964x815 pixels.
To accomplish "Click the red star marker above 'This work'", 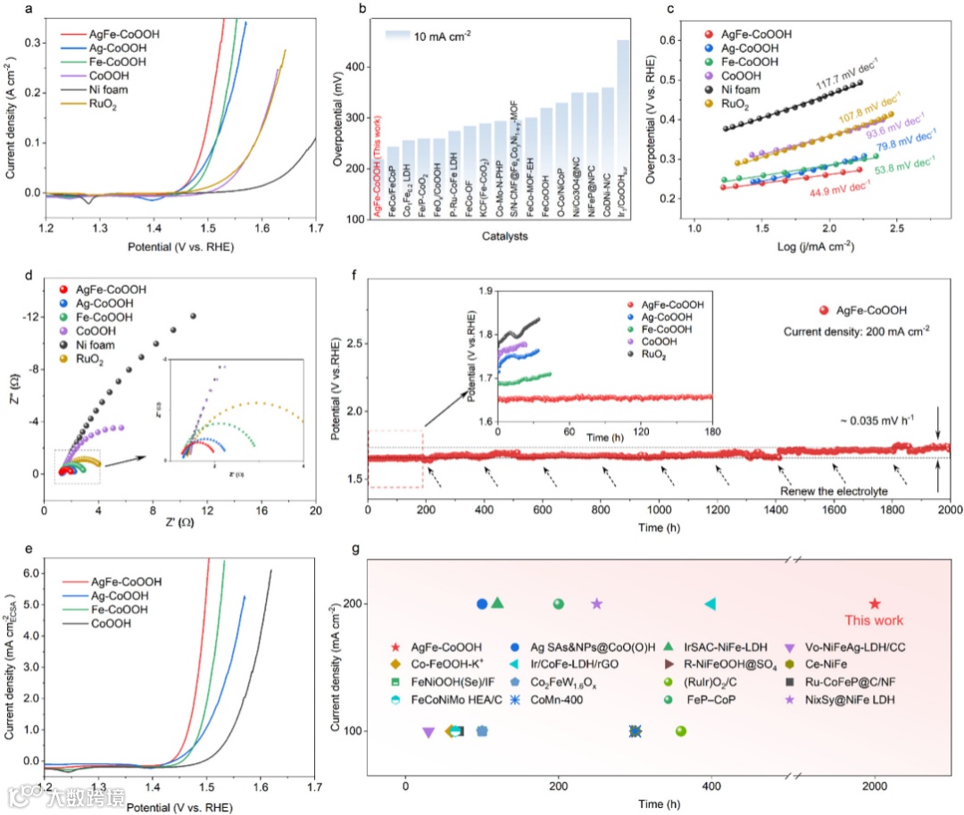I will tap(875, 604).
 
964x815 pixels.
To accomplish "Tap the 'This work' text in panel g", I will tap(874, 620).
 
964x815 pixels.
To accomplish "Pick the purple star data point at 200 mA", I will tap(597, 604).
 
